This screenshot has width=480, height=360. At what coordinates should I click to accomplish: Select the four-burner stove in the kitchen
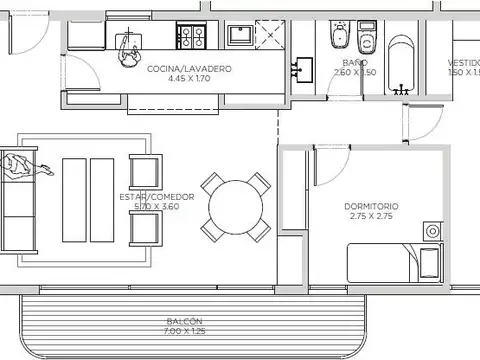192,38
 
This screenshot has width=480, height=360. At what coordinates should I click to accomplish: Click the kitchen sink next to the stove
239,36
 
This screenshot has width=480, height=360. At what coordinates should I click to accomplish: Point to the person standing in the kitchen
128,48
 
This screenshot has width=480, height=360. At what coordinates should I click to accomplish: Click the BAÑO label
340,62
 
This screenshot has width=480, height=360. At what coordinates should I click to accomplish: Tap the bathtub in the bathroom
403,65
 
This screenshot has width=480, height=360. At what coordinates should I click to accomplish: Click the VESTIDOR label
462,62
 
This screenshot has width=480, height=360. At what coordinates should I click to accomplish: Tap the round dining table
237,208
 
